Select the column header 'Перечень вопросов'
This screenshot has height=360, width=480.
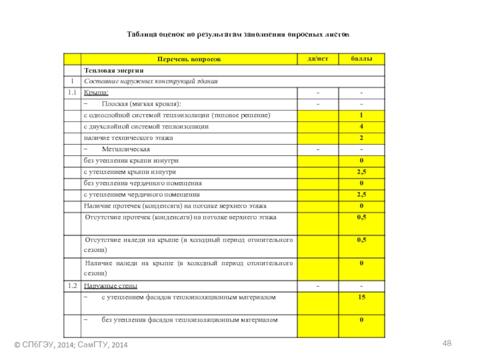click(x=189, y=59)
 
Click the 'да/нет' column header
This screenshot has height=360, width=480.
click(x=317, y=59)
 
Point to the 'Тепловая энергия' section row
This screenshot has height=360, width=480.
click(x=114, y=71)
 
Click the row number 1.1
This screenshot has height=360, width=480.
click(x=72, y=92)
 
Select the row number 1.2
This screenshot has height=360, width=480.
click(x=72, y=285)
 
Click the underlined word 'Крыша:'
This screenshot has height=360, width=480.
click(x=96, y=92)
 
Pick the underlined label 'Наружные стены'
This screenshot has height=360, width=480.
click(x=110, y=285)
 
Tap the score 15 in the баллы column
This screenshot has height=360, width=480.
click(x=361, y=297)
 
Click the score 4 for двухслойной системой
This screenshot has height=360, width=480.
click(x=361, y=127)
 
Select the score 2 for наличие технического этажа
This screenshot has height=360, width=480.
click(x=361, y=138)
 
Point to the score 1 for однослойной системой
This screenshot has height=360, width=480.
click(x=361, y=115)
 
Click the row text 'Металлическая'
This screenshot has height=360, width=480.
click(x=126, y=149)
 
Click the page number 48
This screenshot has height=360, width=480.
click(x=446, y=343)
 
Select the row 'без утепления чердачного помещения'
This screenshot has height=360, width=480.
click(x=143, y=183)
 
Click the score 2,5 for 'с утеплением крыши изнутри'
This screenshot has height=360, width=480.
click(x=361, y=172)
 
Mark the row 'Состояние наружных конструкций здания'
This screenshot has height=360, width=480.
click(x=151, y=81)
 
